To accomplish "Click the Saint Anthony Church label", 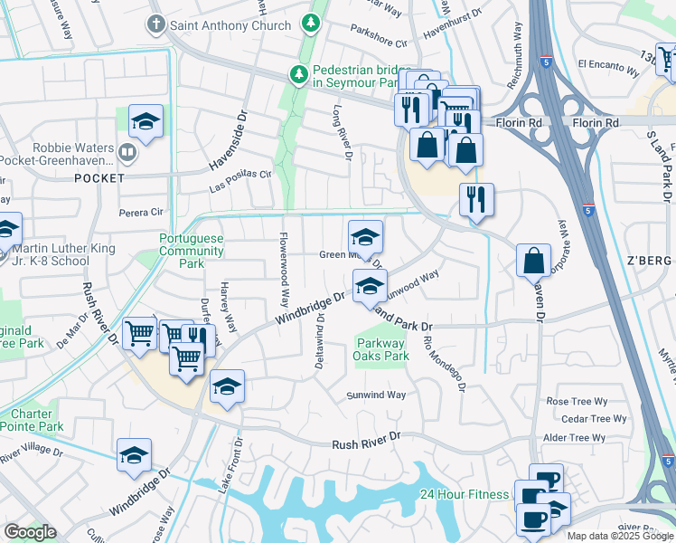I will (230, 25).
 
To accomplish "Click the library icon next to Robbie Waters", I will (129, 151).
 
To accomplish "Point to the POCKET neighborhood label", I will (99, 178).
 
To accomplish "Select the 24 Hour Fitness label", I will (464, 494).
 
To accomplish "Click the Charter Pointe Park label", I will (32, 420).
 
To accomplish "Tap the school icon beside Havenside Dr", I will (145, 121).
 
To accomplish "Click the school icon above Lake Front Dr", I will (227, 387).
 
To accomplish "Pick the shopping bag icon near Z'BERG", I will (533, 261).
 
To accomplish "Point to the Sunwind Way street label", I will (377, 395).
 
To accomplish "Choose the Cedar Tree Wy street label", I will (594, 419).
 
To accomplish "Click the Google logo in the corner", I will (31, 532).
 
